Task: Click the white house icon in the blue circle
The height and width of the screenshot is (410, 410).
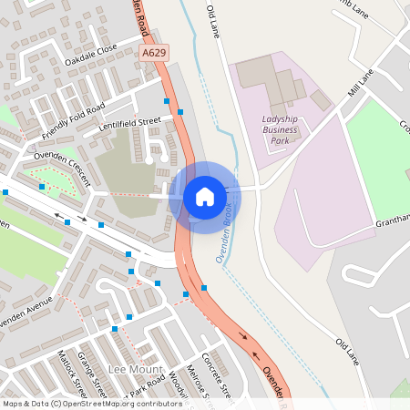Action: tap(204, 197)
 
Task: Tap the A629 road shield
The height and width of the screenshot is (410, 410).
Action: tap(154, 56)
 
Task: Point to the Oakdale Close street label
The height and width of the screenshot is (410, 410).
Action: tap(91, 56)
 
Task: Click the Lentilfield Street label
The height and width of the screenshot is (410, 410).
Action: tap(129, 121)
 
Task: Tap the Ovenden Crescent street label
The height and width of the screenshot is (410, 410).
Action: tap(62, 169)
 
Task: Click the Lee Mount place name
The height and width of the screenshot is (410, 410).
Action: tap(135, 368)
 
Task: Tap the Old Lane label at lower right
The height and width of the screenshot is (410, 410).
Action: tap(348, 354)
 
